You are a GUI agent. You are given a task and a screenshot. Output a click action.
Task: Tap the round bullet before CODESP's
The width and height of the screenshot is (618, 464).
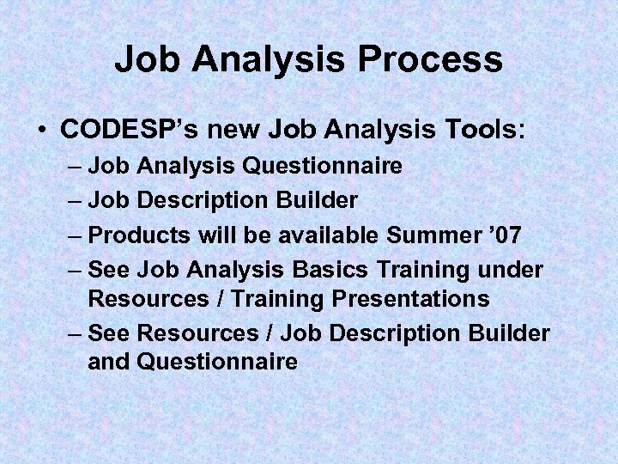(x=41, y=131)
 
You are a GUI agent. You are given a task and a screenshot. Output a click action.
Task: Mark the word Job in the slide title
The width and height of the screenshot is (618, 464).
(x=145, y=59)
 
